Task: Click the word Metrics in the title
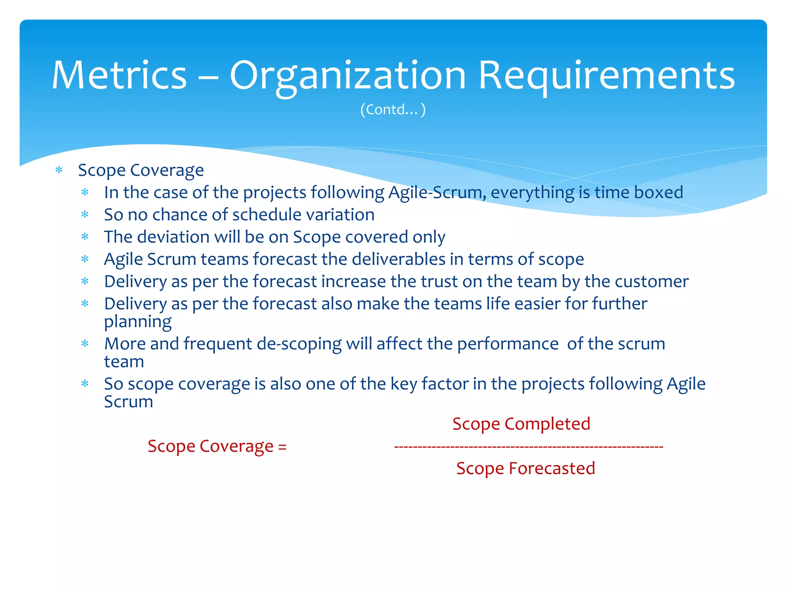[x=119, y=76]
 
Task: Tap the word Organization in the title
[x=347, y=76]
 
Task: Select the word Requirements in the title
[x=606, y=76]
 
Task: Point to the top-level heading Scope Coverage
[x=141, y=170]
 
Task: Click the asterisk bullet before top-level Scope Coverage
[x=59, y=170]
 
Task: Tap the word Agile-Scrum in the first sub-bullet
[x=435, y=192]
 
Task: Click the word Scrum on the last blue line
[x=129, y=402]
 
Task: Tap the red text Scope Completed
[x=521, y=424]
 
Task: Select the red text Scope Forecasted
[x=525, y=469]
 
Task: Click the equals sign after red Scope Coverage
[x=282, y=447]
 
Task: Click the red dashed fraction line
[x=528, y=447]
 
